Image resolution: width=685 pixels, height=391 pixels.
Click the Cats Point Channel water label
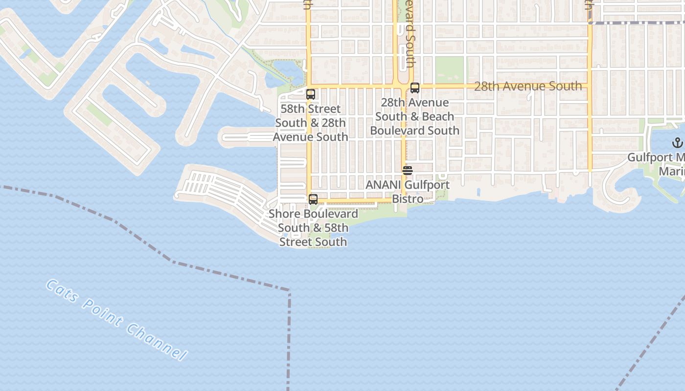(116, 320)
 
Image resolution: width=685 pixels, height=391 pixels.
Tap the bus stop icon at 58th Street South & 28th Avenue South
(311, 94)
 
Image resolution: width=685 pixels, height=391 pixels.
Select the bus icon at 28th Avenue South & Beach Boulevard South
(415, 88)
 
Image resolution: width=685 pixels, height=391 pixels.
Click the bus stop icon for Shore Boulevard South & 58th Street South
(313, 199)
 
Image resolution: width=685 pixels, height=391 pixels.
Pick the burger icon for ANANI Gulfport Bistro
(407, 171)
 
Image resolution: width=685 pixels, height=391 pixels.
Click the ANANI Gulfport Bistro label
(407, 192)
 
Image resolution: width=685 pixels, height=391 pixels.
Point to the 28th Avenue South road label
(528, 87)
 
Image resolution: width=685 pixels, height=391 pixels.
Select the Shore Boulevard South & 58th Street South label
(313, 228)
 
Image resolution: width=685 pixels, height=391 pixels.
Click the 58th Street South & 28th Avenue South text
(311, 123)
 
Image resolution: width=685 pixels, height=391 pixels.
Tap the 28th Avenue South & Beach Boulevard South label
(415, 116)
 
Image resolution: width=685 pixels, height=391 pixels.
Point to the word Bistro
(408, 199)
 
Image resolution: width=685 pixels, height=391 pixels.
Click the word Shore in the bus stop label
(284, 214)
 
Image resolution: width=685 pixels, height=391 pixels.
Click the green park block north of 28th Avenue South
(449, 70)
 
